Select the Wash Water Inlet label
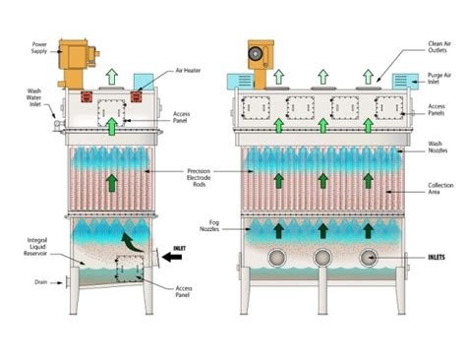pos(40,98)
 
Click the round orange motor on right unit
pos(260,50)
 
